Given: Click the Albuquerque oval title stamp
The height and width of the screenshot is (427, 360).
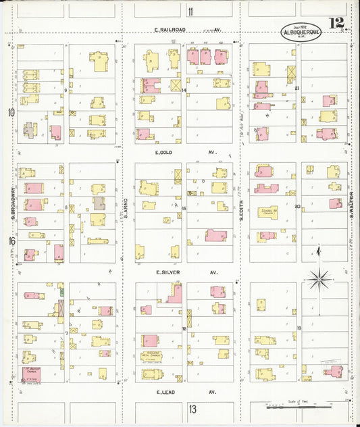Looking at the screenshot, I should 297,32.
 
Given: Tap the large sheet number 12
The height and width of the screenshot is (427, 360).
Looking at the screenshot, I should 336,24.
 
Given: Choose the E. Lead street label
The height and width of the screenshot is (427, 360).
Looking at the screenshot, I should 167,392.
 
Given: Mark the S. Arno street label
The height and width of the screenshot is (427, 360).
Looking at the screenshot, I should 126,214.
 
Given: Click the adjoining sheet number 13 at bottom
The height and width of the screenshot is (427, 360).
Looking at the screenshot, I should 192,409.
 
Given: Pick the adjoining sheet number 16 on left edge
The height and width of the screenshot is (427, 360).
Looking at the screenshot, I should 11,241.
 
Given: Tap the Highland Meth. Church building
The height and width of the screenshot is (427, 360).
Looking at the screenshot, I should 152,356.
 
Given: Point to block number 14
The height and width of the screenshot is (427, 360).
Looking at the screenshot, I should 184,90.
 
